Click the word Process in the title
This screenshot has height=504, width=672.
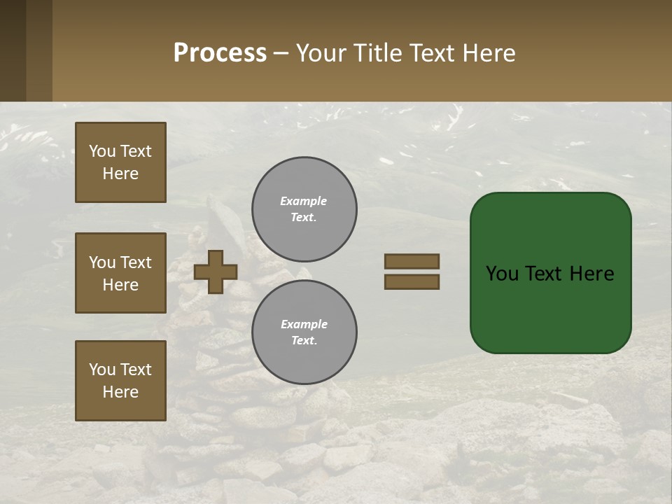tap(220, 53)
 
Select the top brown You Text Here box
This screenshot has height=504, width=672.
tap(120, 162)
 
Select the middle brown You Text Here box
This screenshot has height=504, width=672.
tap(120, 273)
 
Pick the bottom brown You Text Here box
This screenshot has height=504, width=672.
tap(120, 380)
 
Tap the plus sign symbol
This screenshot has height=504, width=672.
tap(215, 272)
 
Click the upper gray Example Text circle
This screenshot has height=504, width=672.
tap(304, 209)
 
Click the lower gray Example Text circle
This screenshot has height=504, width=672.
tap(304, 332)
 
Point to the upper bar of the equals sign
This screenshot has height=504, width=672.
tap(412, 261)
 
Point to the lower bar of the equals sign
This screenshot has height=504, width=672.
tap(412, 281)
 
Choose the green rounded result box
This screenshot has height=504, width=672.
tap(550, 273)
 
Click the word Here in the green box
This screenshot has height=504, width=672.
tap(591, 274)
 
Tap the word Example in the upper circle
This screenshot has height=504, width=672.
tap(303, 201)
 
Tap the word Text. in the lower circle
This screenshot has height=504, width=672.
tap(304, 340)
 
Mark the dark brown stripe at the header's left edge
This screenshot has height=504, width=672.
tap(13, 50)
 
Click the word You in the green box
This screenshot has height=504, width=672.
tap(502, 274)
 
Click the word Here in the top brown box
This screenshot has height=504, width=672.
tap(120, 174)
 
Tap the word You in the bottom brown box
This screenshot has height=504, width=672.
tap(102, 370)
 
